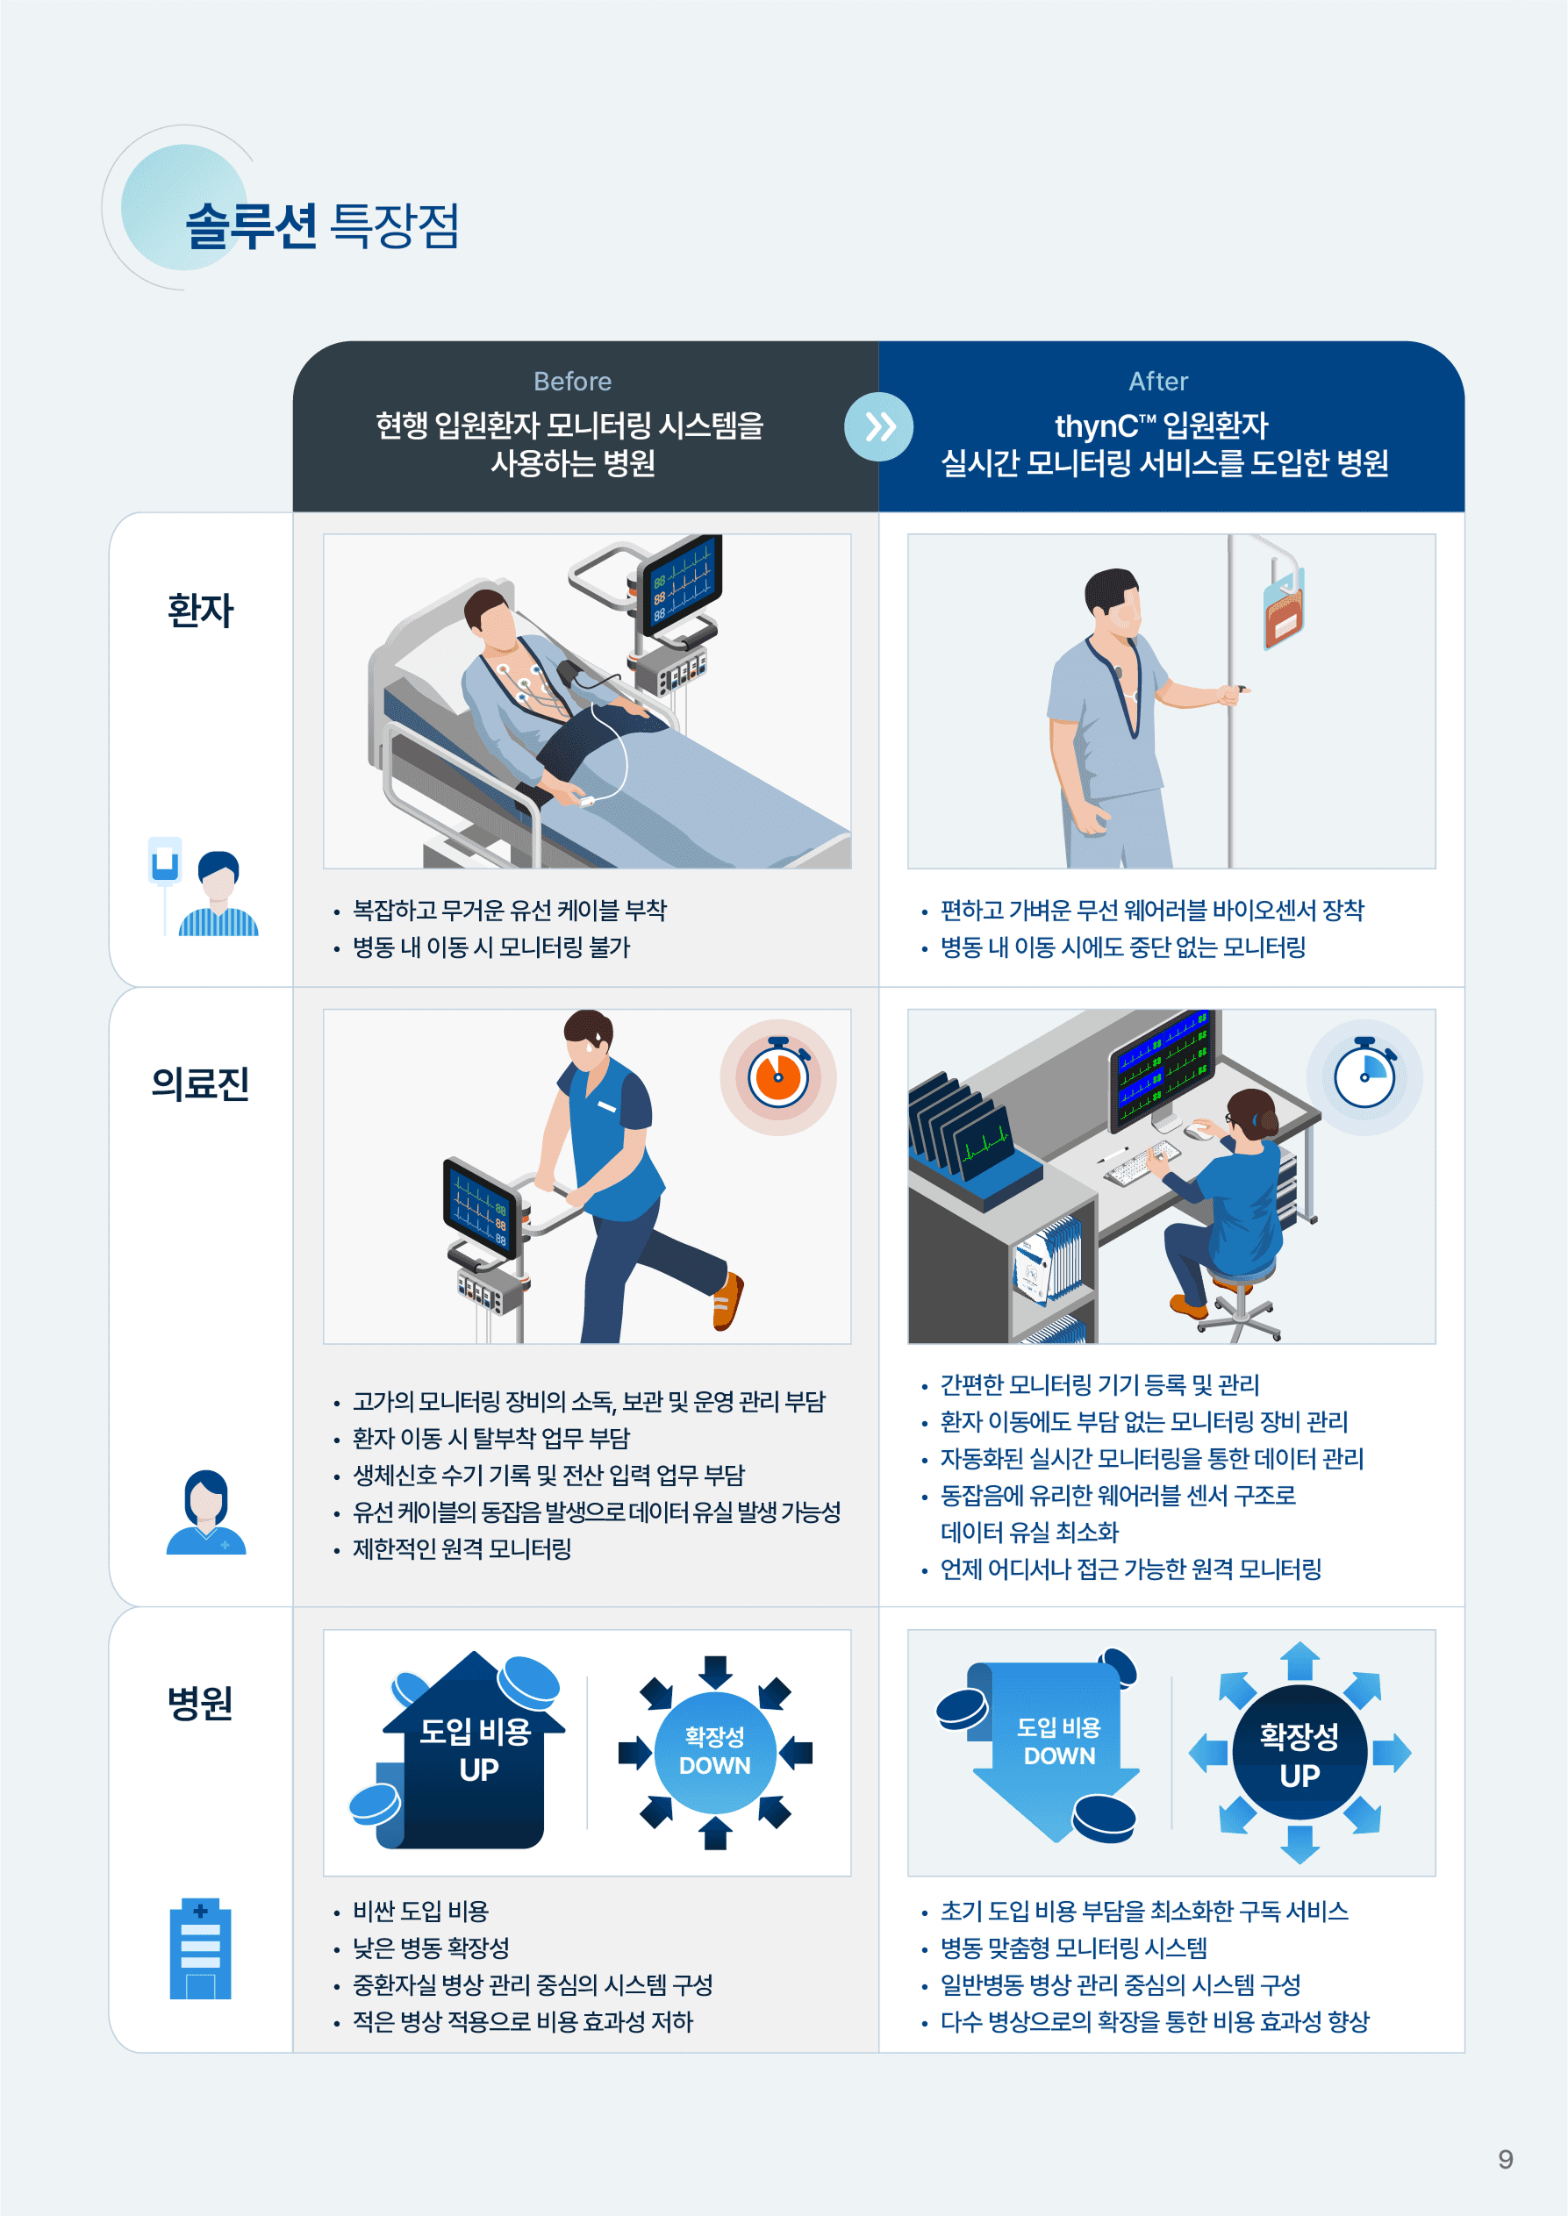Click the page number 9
coord(1505,2159)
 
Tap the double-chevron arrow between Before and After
coord(878,426)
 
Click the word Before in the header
coord(573,382)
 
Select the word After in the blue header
coord(1158,382)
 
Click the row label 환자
coord(201,610)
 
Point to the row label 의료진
coord(201,1083)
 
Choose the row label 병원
coord(201,1704)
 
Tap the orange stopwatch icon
coord(778,1076)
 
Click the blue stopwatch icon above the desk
coord(1364,1076)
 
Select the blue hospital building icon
coord(201,1948)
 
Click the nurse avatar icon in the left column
coord(205,1512)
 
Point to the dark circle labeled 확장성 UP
coord(1300,1753)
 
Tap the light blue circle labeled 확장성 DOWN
coord(714,1752)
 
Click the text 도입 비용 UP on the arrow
coord(476,1750)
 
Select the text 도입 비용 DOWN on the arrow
coord(1059,1741)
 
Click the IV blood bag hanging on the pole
coord(1284,610)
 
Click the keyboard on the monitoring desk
coord(1142,1162)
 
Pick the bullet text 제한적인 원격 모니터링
coord(462,1549)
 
